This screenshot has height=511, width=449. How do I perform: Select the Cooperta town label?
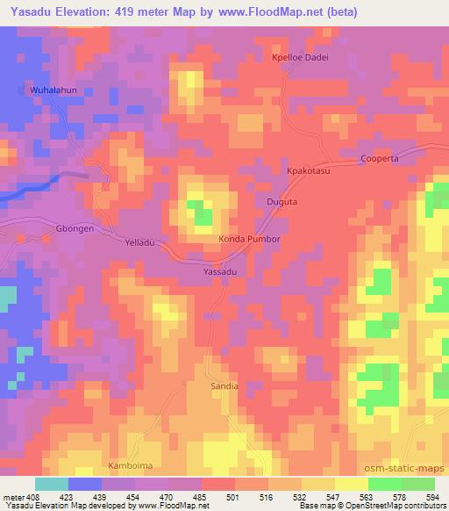click(x=380, y=159)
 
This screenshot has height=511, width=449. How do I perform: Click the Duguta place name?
click(x=282, y=202)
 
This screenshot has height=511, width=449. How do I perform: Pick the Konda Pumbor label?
click(x=249, y=239)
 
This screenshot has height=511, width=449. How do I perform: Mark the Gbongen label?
click(x=74, y=227)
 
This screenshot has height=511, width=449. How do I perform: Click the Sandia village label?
click(x=224, y=385)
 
